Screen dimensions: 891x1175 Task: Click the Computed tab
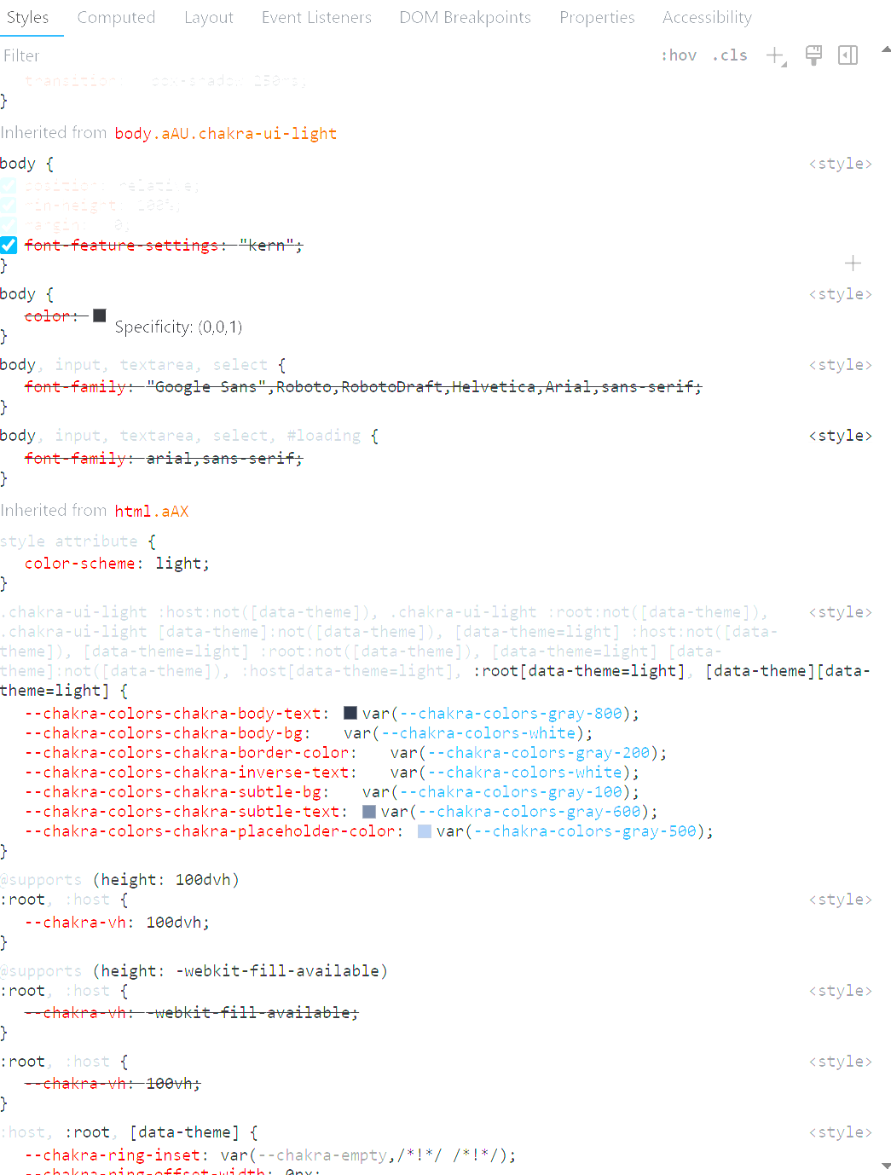click(116, 18)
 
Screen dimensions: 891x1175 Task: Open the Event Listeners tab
click(316, 18)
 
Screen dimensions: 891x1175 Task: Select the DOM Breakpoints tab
click(465, 18)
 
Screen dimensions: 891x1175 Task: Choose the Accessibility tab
click(707, 18)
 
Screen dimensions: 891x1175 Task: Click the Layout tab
click(209, 18)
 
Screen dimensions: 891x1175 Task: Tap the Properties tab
click(597, 18)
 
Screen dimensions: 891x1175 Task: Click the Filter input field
click(256, 55)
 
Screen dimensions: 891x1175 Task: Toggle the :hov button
click(679, 55)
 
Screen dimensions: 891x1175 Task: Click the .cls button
click(730, 55)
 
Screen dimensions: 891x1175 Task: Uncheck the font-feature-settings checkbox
click(9, 246)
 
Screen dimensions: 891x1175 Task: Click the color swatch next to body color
click(100, 315)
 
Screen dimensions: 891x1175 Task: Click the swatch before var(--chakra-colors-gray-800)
click(350, 713)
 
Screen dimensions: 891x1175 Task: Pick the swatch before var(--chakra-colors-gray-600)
click(369, 812)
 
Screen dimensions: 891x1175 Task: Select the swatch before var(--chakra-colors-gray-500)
click(425, 831)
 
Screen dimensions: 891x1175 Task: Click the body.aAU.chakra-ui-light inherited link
click(226, 134)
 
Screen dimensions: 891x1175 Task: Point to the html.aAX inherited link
click(152, 512)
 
